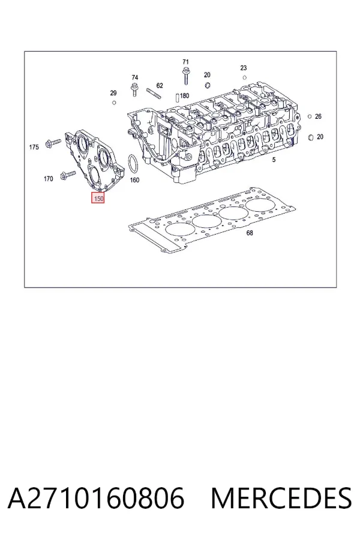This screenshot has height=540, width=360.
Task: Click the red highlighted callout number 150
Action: pos(97,199)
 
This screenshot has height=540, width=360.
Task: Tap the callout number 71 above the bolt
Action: pos(185,62)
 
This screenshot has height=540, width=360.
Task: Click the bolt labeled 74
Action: pos(134,90)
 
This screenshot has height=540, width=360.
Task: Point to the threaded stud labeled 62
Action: pos(154,94)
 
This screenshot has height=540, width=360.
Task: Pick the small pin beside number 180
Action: pos(177,97)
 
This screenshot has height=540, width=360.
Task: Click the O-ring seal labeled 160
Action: pos(133,164)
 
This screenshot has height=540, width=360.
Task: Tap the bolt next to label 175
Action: pos(53,143)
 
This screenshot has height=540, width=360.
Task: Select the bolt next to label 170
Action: pos(68,175)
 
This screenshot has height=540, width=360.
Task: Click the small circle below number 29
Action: pos(114,103)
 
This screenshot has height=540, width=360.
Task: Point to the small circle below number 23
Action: pos(245,78)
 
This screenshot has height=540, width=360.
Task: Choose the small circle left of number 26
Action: pos(310,116)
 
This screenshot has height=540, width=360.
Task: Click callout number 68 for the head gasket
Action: pos(250,233)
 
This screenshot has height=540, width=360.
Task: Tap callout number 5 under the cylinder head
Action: pos(274,160)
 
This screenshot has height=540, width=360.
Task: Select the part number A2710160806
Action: pos(96,498)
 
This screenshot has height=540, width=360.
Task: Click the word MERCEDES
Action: pos(281,498)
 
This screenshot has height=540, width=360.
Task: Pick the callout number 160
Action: pos(134,180)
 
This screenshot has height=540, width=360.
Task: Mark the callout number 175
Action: pos(34,148)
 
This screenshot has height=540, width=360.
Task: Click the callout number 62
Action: pos(160,85)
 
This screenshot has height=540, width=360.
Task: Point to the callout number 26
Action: pos(318,116)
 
